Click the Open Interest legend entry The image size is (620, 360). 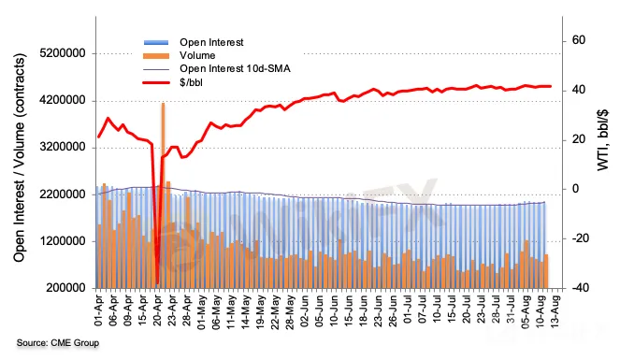coord(211,42)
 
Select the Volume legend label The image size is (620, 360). coord(197,55)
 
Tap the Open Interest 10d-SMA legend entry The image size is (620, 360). coord(235,69)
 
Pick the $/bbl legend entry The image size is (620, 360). coord(192,82)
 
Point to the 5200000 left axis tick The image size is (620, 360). coord(63,53)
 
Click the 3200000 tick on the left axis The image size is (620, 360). coord(63,148)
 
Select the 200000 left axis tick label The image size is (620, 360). coord(66,288)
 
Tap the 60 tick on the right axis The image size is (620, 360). coord(579,40)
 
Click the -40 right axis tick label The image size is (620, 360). coord(576,288)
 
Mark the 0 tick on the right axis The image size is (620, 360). coord(575,189)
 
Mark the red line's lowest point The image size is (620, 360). coord(157,283)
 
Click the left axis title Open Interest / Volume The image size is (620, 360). coord(19,158)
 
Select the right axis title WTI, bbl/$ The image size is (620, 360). coord(602,140)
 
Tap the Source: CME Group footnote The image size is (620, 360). coord(58,342)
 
